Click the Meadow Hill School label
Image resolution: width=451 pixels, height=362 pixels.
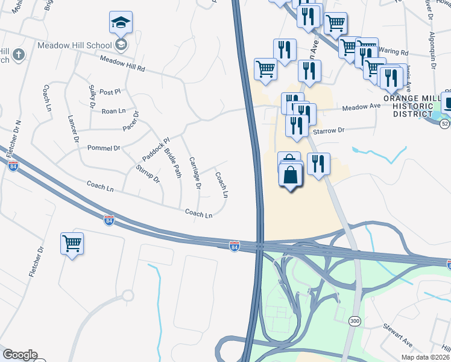click(x=75, y=45)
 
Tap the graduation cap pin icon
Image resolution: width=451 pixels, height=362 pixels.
click(x=121, y=24)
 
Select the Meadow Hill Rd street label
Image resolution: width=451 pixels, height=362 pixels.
click(x=122, y=64)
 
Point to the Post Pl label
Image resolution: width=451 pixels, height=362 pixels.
click(x=110, y=92)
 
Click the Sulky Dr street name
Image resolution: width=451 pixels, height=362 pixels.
click(x=92, y=97)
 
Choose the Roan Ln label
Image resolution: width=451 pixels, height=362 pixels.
click(x=113, y=111)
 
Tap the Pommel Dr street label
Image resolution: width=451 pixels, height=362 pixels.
click(x=104, y=147)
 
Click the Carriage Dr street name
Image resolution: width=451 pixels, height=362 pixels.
click(x=194, y=173)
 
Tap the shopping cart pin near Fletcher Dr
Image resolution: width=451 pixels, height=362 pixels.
click(x=72, y=244)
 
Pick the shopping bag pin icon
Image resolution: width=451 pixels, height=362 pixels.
click(x=291, y=176)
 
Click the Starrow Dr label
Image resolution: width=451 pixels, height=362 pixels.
click(x=328, y=130)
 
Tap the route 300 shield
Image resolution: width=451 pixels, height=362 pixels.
click(x=355, y=319)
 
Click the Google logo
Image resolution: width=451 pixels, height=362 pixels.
click(x=20, y=355)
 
